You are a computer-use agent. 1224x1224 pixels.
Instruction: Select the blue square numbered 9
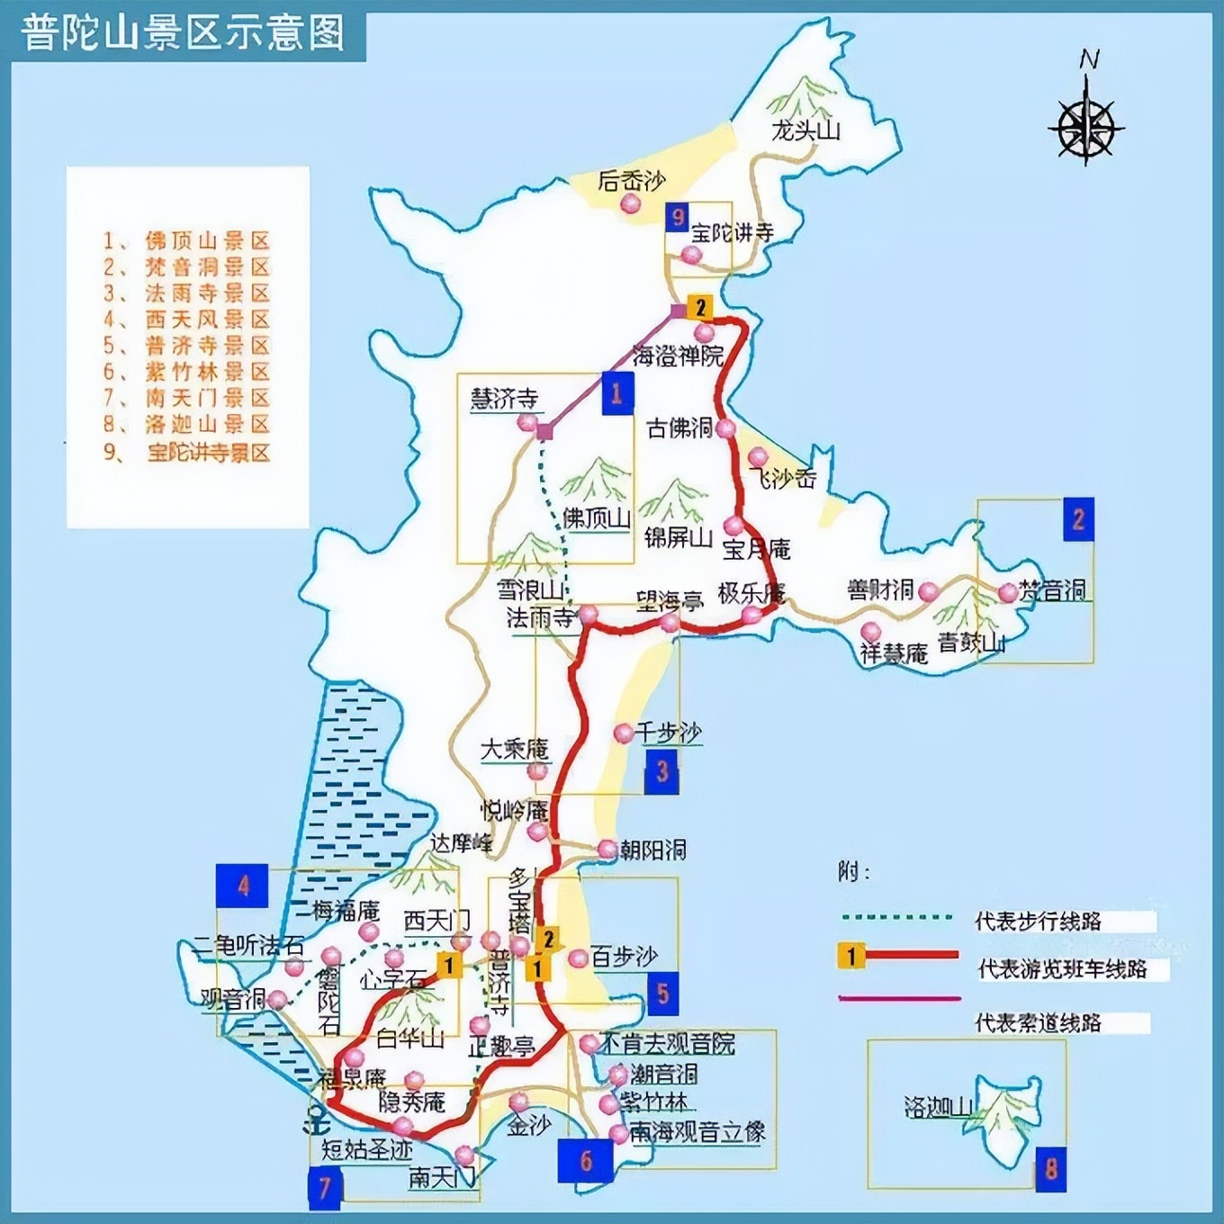pyautogui.click(x=677, y=217)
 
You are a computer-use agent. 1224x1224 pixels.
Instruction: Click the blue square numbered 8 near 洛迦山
pyautogui.click(x=1050, y=1169)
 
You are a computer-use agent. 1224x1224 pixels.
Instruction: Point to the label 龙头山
pyautogui.click(x=805, y=130)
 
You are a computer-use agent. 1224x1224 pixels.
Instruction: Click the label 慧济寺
pyautogui.click(x=504, y=399)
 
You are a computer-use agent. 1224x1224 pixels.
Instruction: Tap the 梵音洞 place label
pyautogui.click(x=1053, y=591)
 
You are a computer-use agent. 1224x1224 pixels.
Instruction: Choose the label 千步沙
pyautogui.click(x=669, y=733)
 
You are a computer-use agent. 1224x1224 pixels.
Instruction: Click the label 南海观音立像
pyautogui.click(x=697, y=1131)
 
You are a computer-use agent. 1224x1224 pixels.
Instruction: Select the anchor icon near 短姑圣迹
pyautogui.click(x=317, y=1121)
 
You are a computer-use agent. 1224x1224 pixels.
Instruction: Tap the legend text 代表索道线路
pyautogui.click(x=1039, y=1022)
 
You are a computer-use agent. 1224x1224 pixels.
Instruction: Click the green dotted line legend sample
pyautogui.click(x=896, y=918)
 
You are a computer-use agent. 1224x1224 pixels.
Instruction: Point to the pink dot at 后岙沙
pyautogui.click(x=631, y=204)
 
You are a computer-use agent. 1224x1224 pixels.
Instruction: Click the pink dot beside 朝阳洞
pyautogui.click(x=607, y=849)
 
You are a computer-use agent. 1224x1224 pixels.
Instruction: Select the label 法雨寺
pyautogui.click(x=540, y=617)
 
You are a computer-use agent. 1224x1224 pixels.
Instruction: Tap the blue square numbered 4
pyautogui.click(x=242, y=886)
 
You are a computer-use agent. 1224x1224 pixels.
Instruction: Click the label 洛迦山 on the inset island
pyautogui.click(x=938, y=1106)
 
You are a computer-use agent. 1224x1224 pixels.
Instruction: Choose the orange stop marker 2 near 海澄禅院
pyautogui.click(x=699, y=308)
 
